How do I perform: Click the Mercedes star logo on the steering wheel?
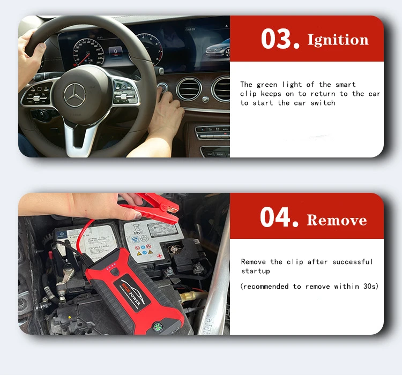click(x=75, y=95)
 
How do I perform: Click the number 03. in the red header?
click(x=280, y=39)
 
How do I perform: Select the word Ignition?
click(x=338, y=40)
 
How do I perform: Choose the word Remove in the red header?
click(x=337, y=220)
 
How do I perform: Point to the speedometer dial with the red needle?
click(x=86, y=51)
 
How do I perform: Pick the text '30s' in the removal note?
click(x=368, y=287)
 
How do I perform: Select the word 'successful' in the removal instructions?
click(x=352, y=262)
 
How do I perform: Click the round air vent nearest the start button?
click(x=189, y=89)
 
